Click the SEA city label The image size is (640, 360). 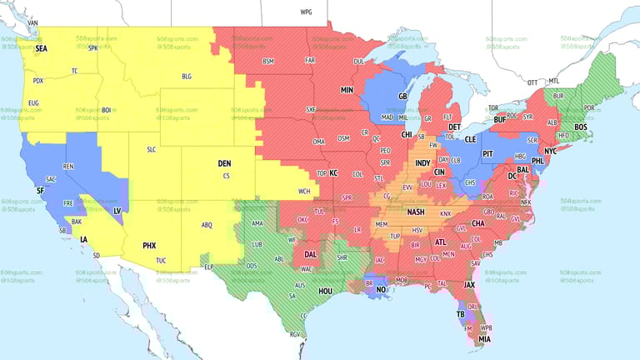[x=41, y=49]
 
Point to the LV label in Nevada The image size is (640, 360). [x=117, y=211]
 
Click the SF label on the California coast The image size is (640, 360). [x=40, y=191]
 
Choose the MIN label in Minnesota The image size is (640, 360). [x=347, y=89]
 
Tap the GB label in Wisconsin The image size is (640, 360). [x=402, y=97]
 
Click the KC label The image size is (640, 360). [x=333, y=173]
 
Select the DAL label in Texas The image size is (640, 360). [x=310, y=254]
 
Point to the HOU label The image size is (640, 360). [x=325, y=292]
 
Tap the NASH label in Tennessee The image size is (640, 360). [x=416, y=212]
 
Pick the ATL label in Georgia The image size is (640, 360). [x=440, y=242]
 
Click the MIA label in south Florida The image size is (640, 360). [x=484, y=339]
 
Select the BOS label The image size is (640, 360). [x=580, y=127]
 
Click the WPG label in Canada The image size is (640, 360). [x=306, y=12]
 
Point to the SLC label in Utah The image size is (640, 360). [x=151, y=149]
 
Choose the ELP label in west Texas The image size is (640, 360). [x=209, y=267]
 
